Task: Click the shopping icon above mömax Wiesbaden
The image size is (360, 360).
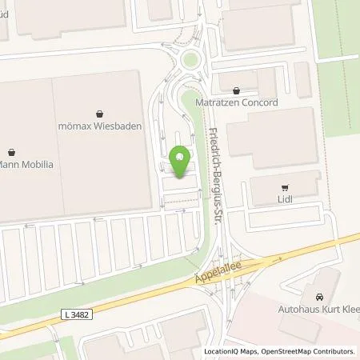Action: click(x=98, y=114)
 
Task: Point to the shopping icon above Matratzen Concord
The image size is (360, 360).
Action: click(x=236, y=91)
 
